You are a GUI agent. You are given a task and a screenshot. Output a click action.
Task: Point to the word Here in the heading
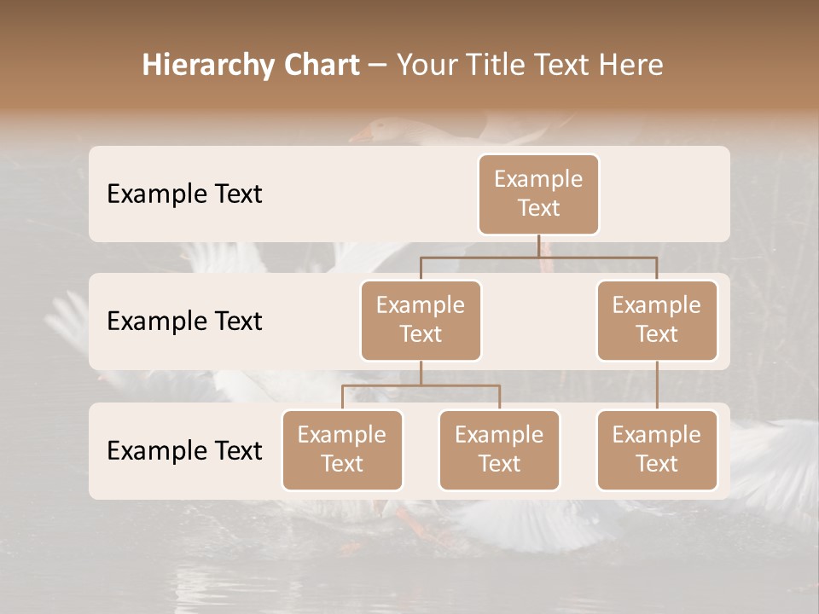[x=631, y=66]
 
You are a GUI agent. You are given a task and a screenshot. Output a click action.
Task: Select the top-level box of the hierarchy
[x=538, y=194]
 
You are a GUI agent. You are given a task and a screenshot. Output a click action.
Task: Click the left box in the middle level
[x=421, y=320]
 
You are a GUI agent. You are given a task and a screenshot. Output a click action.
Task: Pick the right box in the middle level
[x=657, y=320]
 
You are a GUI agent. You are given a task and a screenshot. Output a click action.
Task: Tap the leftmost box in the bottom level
[x=342, y=449]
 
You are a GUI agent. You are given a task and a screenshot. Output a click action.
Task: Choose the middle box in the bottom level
[x=499, y=449]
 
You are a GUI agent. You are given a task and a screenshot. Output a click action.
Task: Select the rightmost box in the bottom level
[x=657, y=449]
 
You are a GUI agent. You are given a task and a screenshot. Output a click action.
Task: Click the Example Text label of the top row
[x=184, y=194]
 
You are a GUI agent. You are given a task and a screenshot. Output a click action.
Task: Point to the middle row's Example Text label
[x=184, y=321]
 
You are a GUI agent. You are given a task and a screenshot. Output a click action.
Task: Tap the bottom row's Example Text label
[x=184, y=451]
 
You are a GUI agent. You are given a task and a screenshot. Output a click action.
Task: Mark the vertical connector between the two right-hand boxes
[x=657, y=385]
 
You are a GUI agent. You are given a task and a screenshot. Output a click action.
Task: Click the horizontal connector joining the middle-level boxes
[x=538, y=257]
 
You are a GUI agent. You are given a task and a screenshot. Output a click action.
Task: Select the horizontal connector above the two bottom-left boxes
[x=421, y=385]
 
